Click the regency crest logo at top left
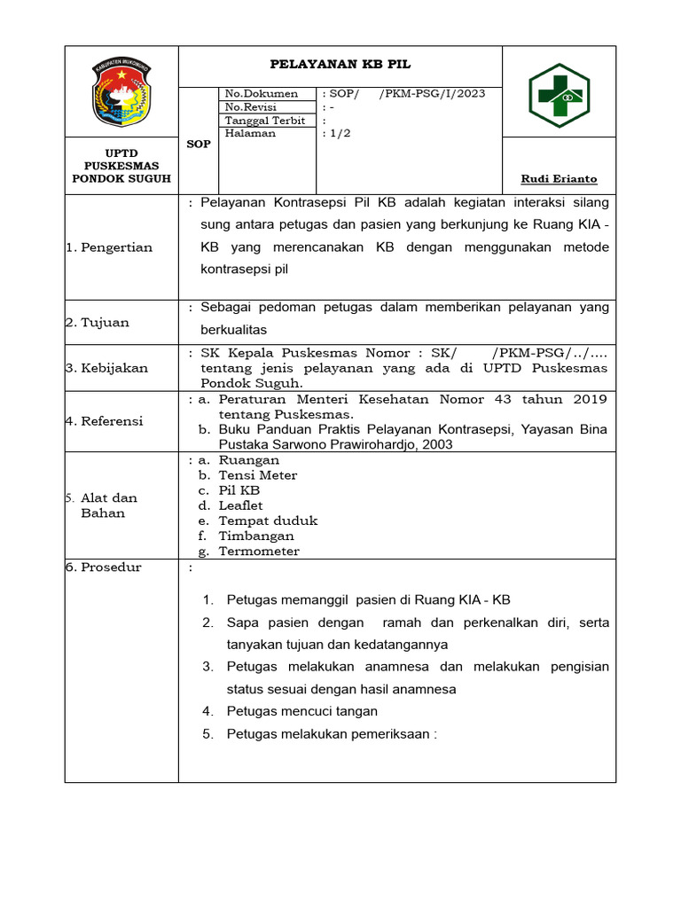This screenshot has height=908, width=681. (x=122, y=92)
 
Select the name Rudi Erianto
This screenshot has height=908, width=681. (x=559, y=179)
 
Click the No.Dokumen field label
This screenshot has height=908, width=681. (x=262, y=94)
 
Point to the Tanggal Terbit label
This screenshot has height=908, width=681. (x=265, y=121)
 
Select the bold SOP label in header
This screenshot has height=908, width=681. (x=199, y=144)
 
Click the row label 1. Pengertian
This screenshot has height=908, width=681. (x=109, y=247)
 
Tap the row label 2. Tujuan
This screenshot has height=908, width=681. (x=98, y=323)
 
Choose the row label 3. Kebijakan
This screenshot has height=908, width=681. (x=107, y=368)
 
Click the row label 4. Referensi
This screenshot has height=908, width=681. (x=105, y=421)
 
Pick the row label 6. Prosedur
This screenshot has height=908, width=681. (x=104, y=567)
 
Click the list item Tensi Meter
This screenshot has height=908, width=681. (x=258, y=475)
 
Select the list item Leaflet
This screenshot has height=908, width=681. (x=241, y=505)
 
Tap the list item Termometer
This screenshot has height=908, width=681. (x=259, y=552)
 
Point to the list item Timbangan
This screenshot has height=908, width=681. (x=256, y=536)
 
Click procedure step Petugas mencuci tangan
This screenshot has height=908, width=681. (x=302, y=711)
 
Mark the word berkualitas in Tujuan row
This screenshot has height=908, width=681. (x=234, y=329)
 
